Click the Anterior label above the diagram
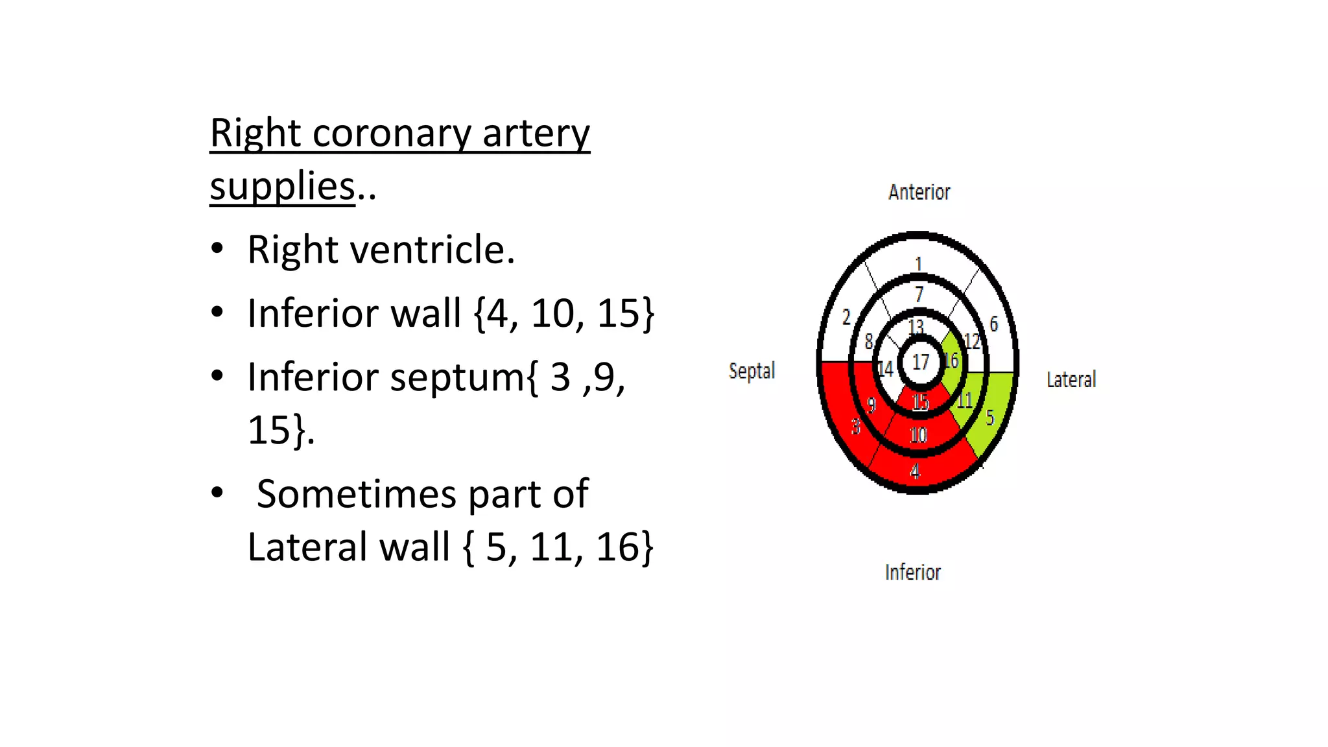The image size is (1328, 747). pyautogui.click(x=919, y=192)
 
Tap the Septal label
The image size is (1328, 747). pyautogui.click(x=752, y=371)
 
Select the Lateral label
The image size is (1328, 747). pyautogui.click(x=1071, y=379)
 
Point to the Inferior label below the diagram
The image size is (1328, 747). pyautogui.click(x=912, y=572)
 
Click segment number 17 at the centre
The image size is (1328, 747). pyautogui.click(x=921, y=362)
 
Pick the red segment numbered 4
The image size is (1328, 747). pyautogui.click(x=915, y=471)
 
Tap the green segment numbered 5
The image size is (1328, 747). pyautogui.click(x=990, y=417)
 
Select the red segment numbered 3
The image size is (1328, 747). pyautogui.click(x=855, y=426)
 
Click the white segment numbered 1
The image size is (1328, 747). pyautogui.click(x=918, y=263)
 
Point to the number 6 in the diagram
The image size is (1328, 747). pyautogui.click(x=993, y=324)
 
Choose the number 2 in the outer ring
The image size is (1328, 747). pyautogui.click(x=846, y=317)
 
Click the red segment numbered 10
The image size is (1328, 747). pyautogui.click(x=918, y=434)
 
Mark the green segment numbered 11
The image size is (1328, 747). pyautogui.click(x=965, y=400)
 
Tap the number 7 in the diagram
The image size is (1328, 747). pyautogui.click(x=919, y=294)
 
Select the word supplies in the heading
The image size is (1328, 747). pyautogui.click(x=283, y=187)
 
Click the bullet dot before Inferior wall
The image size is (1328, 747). pyautogui.click(x=217, y=313)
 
